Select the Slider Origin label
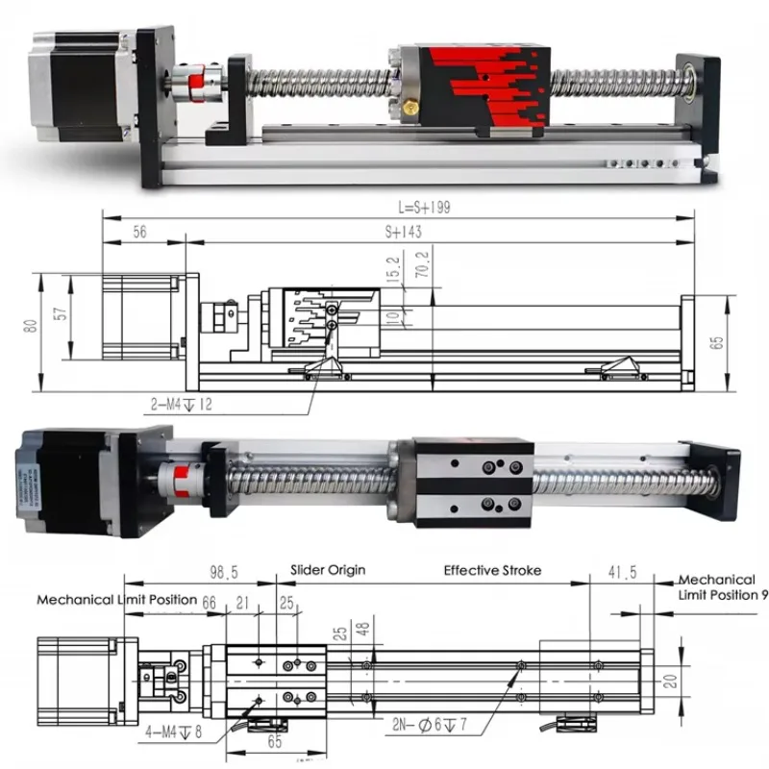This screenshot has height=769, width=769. [327, 570]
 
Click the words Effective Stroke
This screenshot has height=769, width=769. [492, 570]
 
